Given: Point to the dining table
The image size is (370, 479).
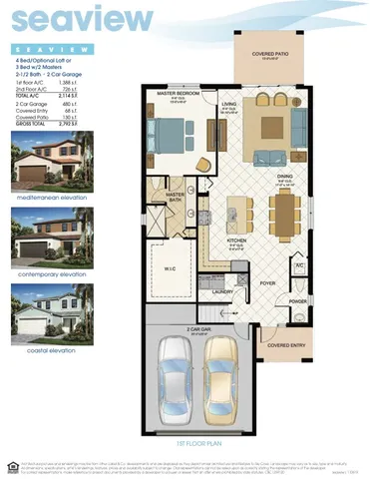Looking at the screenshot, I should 284,210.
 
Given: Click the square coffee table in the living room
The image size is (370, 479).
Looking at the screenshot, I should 275,126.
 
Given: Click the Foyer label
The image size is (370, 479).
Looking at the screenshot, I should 268,281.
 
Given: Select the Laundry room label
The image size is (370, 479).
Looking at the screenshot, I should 223,291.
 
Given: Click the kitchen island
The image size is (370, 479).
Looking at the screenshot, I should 237,209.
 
